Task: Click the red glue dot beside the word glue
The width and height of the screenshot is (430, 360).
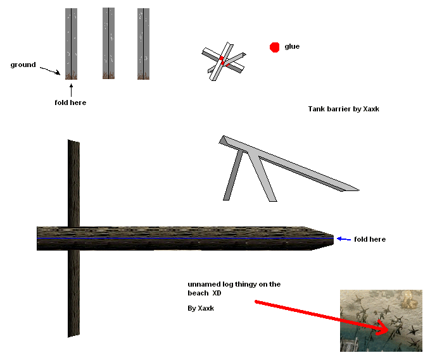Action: coord(274,47)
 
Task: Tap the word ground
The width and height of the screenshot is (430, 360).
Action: coord(23,65)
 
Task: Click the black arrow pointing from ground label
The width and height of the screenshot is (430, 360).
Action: coord(50,70)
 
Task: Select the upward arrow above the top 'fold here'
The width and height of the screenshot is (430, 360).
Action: coord(72,90)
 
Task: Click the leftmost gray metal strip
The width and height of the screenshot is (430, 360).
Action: coord(72,44)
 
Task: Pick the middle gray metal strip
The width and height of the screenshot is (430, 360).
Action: coord(108,43)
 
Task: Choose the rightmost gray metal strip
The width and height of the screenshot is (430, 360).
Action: coord(143,44)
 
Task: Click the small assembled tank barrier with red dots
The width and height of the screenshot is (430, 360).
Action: coord(224,61)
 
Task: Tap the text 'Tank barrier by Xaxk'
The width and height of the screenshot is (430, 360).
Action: coord(344,109)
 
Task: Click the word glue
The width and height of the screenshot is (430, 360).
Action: coord(292,47)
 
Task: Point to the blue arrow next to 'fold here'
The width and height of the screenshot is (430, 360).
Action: coord(344,239)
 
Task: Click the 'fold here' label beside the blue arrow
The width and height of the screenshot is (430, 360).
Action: coord(370,239)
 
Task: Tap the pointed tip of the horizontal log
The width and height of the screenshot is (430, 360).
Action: coord(334,239)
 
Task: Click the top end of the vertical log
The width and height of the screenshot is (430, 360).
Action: coord(73,141)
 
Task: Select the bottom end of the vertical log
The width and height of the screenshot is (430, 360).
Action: coord(73,335)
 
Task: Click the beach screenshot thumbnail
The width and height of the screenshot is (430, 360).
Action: coord(381,321)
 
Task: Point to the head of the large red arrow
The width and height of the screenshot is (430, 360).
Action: coord(385,328)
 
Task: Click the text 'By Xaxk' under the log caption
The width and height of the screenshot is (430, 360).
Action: coord(201,309)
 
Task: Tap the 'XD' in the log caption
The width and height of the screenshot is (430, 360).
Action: coord(217,293)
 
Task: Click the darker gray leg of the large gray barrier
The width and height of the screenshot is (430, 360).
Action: coord(233,175)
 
